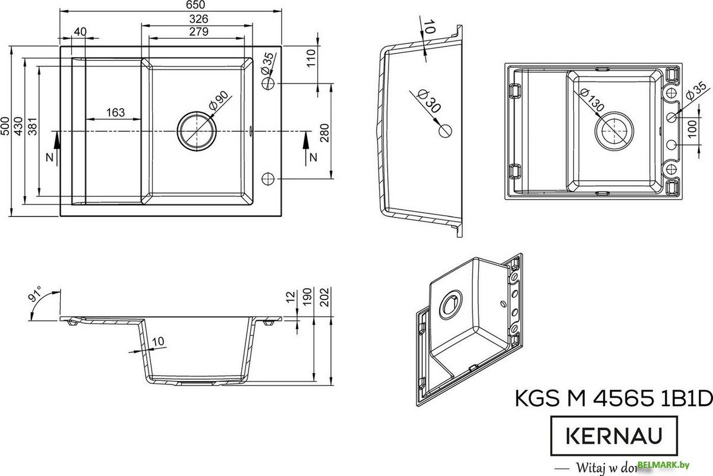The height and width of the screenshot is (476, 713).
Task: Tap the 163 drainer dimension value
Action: [x=115, y=112]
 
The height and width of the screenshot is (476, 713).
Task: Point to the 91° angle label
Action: [x=35, y=295]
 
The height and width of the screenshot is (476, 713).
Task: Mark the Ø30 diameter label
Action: [x=428, y=102]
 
